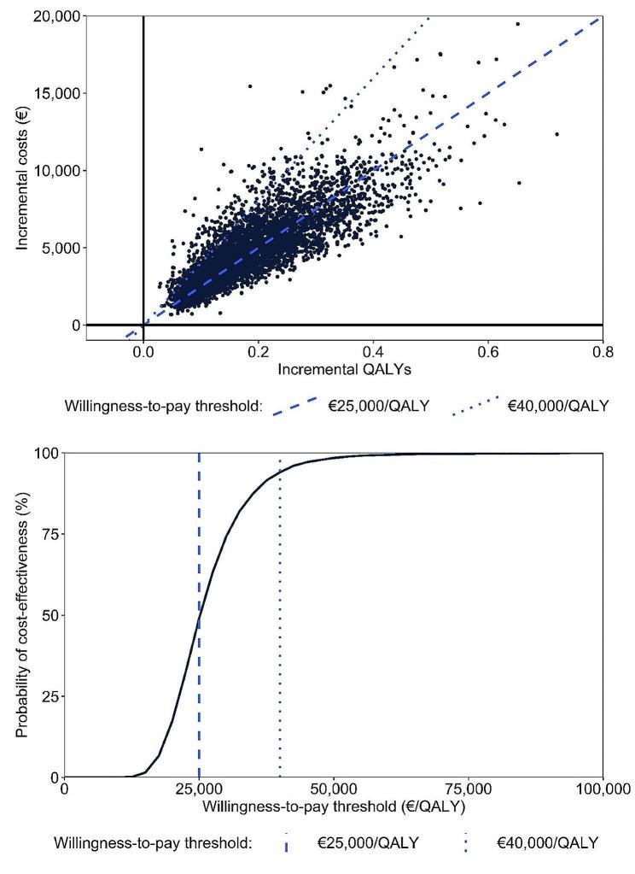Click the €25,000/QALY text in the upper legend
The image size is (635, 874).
(379, 406)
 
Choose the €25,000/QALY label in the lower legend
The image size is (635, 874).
(368, 843)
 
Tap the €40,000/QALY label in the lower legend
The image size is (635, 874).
(547, 843)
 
